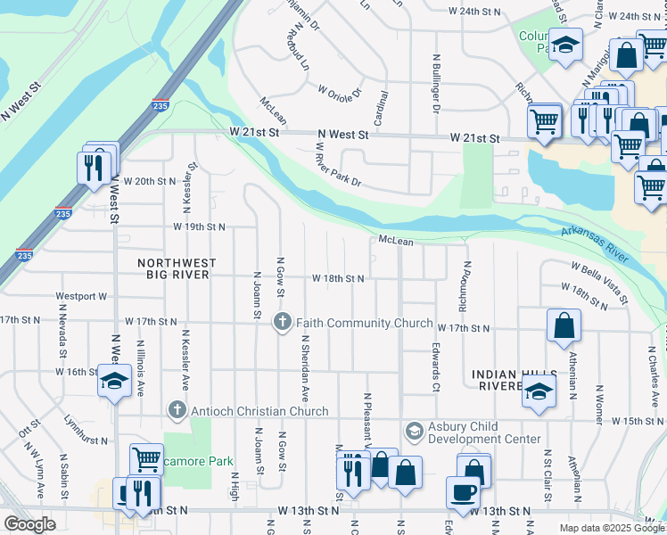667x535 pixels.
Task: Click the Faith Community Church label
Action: tap(365, 323)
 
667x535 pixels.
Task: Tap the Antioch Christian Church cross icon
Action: tap(177, 411)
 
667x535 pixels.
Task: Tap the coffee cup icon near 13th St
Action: tap(463, 492)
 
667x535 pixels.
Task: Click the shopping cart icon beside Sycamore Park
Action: tap(146, 460)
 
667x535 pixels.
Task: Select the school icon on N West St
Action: tap(114, 382)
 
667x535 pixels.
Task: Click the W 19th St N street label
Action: tap(200, 226)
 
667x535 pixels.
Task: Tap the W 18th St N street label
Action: tap(337, 278)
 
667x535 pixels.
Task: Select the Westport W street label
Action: tap(80, 296)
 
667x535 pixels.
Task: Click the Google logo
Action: tap(29, 524)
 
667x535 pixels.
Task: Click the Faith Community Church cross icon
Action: tap(283, 322)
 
